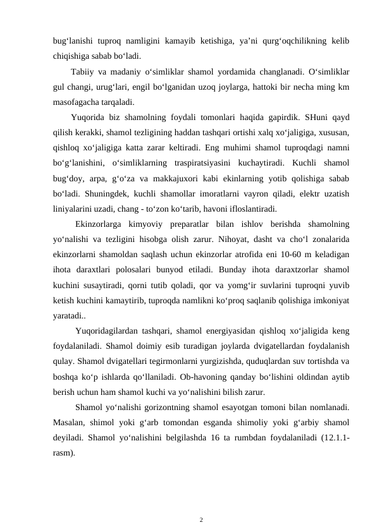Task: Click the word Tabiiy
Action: click(x=83, y=70)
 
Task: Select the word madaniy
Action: click(x=124, y=70)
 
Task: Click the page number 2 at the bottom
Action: click(x=201, y=503)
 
